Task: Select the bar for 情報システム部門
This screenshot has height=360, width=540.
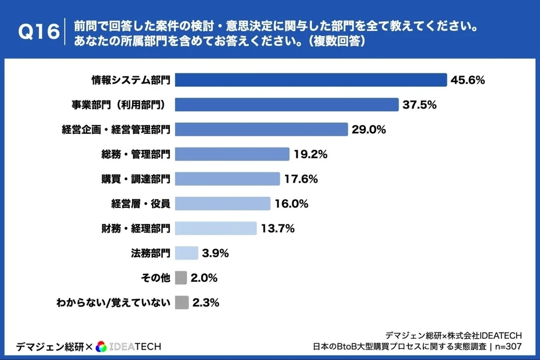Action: coord(310,80)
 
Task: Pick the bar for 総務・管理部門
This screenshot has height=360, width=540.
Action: coord(232,154)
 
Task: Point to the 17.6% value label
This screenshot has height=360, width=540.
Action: coord(300,179)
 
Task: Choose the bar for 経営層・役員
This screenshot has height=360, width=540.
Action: coord(222,203)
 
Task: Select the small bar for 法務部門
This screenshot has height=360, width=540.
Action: coord(186,253)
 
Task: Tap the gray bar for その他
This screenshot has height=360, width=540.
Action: coord(181,278)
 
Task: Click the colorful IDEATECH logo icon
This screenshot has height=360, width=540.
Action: coord(101,346)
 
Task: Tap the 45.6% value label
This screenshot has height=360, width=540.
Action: coord(468,80)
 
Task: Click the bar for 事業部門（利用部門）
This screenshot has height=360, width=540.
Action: coord(286,104)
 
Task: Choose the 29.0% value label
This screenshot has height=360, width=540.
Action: coord(369,129)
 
